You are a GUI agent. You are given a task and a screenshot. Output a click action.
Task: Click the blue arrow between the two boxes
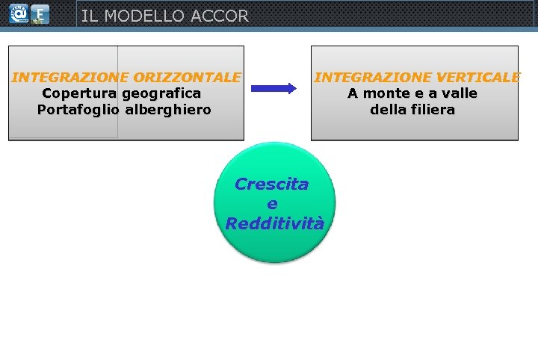click(273, 88)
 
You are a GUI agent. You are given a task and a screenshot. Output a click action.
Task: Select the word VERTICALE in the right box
click(479, 77)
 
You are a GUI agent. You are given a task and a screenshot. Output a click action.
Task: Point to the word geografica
click(161, 94)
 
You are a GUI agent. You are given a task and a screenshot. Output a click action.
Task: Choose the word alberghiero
click(168, 110)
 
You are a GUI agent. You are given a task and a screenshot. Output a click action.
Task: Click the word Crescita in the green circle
click(271, 184)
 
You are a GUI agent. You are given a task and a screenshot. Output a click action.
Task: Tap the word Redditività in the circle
click(274, 223)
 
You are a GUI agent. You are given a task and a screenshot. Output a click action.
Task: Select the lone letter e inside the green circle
click(272, 204)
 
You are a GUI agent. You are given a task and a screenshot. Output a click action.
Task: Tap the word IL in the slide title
click(89, 16)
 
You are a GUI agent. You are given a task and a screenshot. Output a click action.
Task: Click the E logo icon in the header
click(41, 14)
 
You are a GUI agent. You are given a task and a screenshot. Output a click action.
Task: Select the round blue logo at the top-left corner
click(17, 13)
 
